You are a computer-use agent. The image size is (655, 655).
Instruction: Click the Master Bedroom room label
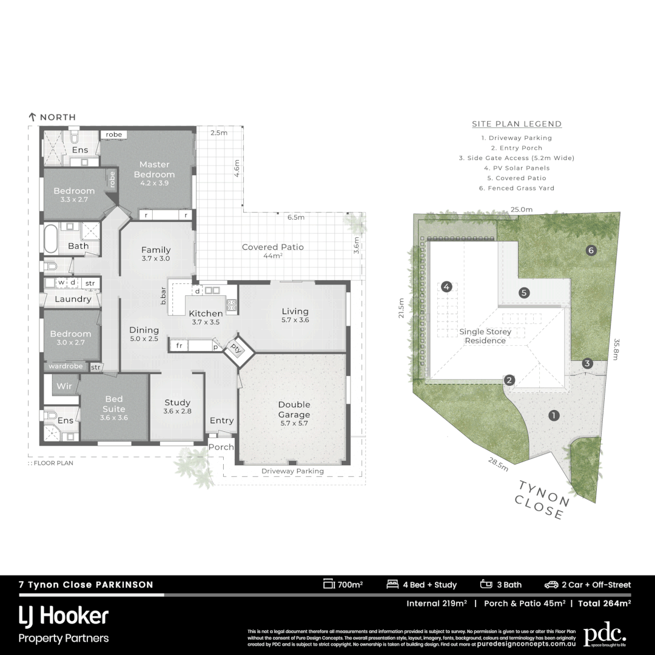coord(154,169)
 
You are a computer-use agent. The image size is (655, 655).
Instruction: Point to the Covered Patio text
coord(272,247)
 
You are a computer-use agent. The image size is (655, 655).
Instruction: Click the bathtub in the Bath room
coord(50,239)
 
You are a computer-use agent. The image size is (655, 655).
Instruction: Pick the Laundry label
coord(73,299)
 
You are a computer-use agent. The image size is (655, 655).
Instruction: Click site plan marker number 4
coord(447,287)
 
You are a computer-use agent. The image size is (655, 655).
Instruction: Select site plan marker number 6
coord(591,250)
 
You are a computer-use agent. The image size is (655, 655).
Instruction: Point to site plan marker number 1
coord(553,415)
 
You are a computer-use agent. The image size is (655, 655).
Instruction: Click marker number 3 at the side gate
coord(587,363)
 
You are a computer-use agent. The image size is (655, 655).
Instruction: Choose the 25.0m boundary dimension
coord(521,209)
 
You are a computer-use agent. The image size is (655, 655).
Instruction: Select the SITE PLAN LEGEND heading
coord(517,124)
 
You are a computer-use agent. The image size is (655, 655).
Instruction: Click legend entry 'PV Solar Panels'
coord(517,168)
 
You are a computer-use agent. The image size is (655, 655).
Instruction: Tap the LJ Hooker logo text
coord(64,616)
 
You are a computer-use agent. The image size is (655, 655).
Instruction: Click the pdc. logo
coord(604,634)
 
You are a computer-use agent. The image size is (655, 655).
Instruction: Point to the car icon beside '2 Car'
coord(551,585)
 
